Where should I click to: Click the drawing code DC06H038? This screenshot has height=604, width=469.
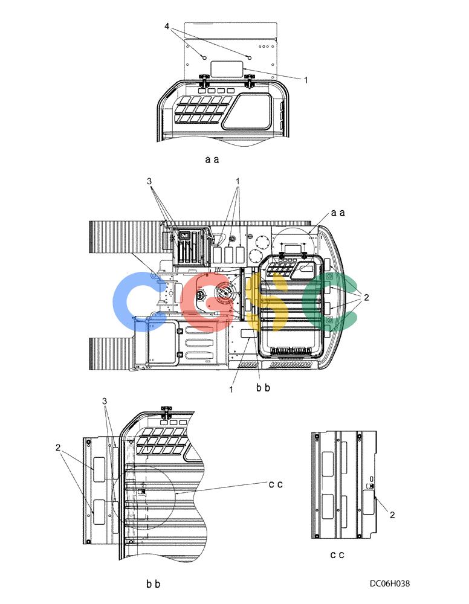tap(390, 583)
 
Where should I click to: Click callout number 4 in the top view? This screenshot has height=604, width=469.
tap(167, 27)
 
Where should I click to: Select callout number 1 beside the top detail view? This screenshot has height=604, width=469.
tap(306, 80)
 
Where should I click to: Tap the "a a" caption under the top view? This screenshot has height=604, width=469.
tap(212, 159)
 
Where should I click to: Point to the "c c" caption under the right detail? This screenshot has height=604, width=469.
tap(337, 554)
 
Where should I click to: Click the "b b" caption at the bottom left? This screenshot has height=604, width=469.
tap(153, 584)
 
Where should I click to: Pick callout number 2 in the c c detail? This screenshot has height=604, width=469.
tap(392, 515)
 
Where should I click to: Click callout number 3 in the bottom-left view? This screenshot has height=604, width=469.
tap(105, 401)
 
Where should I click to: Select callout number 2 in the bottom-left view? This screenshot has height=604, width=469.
tap(58, 447)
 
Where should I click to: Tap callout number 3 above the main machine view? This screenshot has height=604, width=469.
tap(149, 181)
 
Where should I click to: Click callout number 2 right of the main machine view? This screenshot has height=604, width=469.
tap(366, 297)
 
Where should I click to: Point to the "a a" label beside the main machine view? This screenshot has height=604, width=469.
tap(338, 213)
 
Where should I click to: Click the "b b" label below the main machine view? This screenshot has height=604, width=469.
tap(264, 388)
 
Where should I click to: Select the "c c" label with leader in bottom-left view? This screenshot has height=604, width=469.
tap(276, 484)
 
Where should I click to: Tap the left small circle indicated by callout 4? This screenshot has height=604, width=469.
tap(205, 58)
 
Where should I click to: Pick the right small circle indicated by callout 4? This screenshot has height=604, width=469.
tap(250, 58)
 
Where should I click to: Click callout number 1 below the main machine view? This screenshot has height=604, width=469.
tap(231, 390)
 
